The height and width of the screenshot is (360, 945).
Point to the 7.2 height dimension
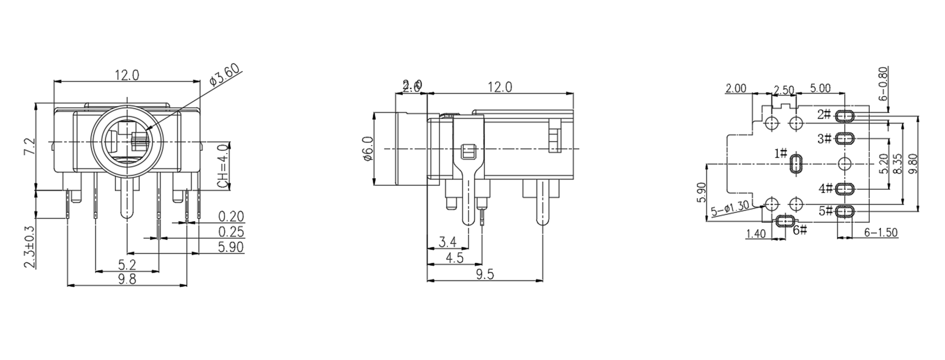pos(29,147)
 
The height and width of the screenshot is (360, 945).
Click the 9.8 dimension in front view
pos(127,279)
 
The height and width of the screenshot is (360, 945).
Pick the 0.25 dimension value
pos(231,232)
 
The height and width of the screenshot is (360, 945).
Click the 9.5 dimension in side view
pos(484,274)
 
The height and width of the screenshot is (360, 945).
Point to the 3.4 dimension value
pos(447,243)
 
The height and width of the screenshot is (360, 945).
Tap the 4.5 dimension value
pos(454,258)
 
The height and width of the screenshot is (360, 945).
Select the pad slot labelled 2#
pos(845,117)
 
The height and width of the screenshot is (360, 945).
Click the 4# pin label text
pos(825,188)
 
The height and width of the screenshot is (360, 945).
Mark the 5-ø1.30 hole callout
pos(730,208)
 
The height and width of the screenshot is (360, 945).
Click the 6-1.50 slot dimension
pos(881,232)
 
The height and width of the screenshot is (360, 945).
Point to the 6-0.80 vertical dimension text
pos(883,83)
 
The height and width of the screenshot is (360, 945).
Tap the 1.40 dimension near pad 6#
pos(756,234)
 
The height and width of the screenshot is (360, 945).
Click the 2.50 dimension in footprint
pos(784,90)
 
